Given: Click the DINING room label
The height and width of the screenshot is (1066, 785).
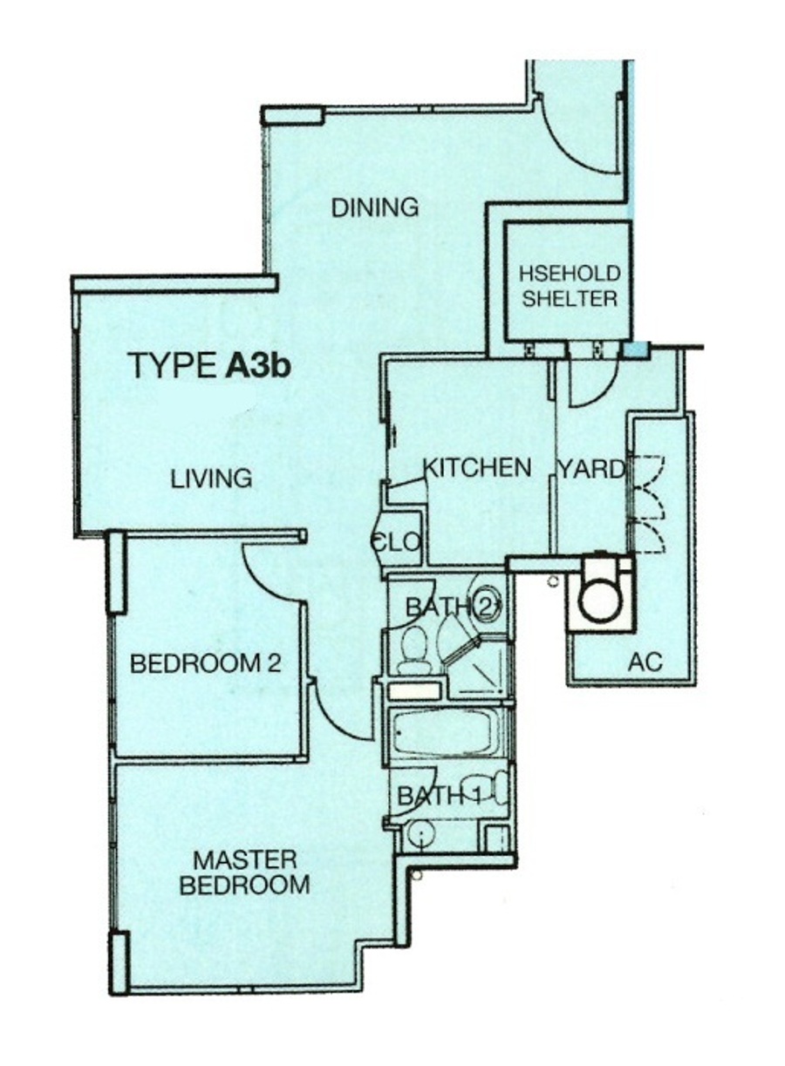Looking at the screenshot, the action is click(x=375, y=208).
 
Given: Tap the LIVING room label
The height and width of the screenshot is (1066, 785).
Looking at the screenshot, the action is click(x=211, y=479).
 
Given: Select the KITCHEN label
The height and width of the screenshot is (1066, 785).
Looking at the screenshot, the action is click(x=477, y=467).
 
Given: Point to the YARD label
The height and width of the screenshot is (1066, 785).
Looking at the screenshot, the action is click(x=591, y=470).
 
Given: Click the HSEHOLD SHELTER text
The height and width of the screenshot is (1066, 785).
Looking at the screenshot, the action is click(x=570, y=287).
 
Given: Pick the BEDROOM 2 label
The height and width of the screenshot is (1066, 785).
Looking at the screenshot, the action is click(x=206, y=664).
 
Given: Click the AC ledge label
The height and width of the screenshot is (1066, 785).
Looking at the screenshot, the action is click(x=645, y=662).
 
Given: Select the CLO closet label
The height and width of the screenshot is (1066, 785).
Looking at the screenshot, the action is click(x=396, y=541).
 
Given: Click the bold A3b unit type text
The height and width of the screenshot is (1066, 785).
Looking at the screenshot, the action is click(x=257, y=366).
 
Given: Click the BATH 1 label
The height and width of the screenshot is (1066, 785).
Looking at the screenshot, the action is click(x=440, y=795).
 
